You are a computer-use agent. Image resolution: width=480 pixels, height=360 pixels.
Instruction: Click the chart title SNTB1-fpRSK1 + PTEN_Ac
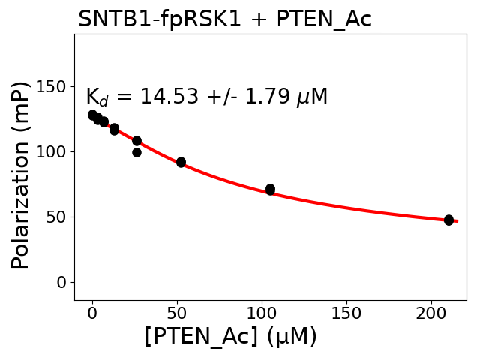[225, 19]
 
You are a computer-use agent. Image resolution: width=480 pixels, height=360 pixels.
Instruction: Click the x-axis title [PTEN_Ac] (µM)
[231, 337]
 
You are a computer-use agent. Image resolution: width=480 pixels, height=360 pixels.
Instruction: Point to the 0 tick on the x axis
[92, 312]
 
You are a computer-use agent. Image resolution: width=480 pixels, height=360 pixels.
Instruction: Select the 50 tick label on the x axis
[177, 312]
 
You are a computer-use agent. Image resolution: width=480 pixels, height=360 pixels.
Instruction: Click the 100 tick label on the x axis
[262, 312]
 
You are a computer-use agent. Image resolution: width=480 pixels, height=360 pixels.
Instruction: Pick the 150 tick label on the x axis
[346, 312]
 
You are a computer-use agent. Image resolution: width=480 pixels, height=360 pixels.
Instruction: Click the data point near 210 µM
[448, 220]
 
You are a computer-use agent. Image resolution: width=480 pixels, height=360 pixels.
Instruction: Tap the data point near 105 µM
[270, 189]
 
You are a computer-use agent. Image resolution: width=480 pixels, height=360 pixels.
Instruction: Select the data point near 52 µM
[181, 162]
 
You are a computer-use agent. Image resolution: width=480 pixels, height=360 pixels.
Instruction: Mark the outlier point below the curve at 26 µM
[136, 152]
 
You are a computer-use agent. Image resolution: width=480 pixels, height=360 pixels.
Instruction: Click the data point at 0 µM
[92, 115]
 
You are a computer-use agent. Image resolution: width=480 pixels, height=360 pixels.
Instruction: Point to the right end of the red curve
[457, 221]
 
